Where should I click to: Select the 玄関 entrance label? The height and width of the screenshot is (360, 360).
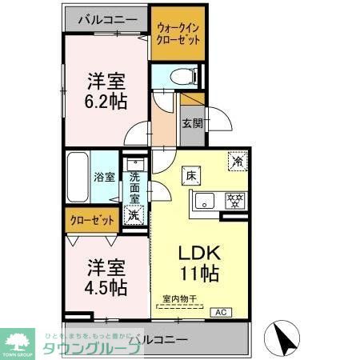(192, 123)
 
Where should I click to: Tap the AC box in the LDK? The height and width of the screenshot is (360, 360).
(221, 311)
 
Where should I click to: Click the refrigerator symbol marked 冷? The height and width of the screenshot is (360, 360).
(237, 161)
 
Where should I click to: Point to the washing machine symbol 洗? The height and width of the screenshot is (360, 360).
(134, 215)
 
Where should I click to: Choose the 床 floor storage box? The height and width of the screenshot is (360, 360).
(193, 175)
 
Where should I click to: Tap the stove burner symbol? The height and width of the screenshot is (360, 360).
(234, 201)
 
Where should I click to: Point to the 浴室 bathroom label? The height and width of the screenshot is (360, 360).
(104, 176)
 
